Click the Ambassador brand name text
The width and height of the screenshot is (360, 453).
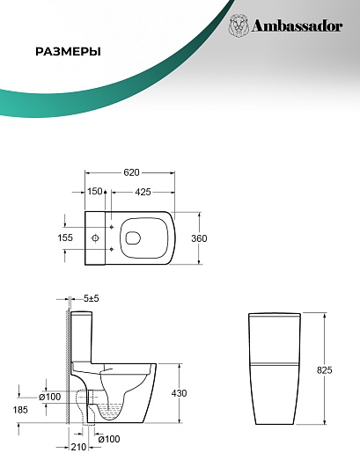pyautogui.click(x=297, y=26)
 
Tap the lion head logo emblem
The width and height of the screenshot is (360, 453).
pyautogui.click(x=239, y=25)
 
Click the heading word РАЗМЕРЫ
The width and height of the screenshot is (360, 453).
pyautogui.click(x=68, y=52)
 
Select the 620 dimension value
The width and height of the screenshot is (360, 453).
pyautogui.click(x=131, y=172)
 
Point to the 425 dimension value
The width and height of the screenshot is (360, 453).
pyautogui.click(x=143, y=192)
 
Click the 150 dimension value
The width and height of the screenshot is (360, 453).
pyautogui.click(x=95, y=192)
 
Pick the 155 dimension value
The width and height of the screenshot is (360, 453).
pyautogui.click(x=65, y=237)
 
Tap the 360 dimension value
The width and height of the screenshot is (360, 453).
pyautogui.click(x=199, y=238)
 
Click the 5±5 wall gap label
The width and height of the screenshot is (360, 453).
pyautogui.click(x=92, y=298)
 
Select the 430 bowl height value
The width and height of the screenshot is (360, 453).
pyautogui.click(x=179, y=393)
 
